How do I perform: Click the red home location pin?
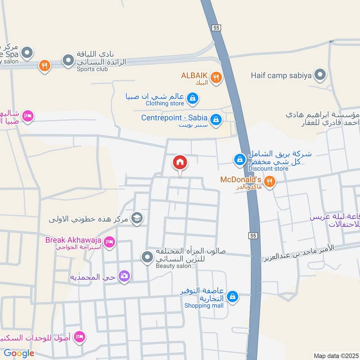(180, 162)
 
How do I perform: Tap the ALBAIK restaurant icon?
(216, 78)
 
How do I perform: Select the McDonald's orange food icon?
(270, 182)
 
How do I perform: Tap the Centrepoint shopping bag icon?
(216, 119)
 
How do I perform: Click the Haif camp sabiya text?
(281, 76)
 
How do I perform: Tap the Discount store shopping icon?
(240, 159)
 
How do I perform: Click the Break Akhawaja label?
(73, 240)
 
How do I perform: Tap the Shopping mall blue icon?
(232, 297)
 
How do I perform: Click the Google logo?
(19, 353)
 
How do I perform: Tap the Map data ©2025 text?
(335, 355)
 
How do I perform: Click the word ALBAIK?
(194, 75)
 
